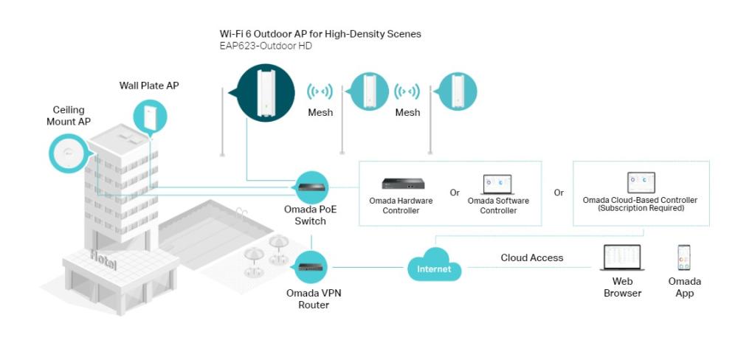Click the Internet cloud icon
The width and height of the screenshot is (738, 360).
pos(434,266)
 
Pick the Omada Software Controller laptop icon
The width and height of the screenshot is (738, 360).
pos(498,184)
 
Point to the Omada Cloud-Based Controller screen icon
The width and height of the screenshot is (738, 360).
pos(641,182)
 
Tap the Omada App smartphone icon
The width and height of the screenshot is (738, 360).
pos(684,257)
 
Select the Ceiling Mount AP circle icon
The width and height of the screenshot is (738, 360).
pos(69,153)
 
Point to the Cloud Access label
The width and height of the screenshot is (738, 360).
pos(531,257)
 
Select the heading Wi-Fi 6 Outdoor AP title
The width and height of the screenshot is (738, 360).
pos(320,34)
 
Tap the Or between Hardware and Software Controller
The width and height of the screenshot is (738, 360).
pos(455,193)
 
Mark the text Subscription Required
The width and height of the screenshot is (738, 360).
pos(641,208)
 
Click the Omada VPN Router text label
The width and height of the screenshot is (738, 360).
pos(314,299)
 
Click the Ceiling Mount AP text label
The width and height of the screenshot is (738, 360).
pos(68,116)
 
